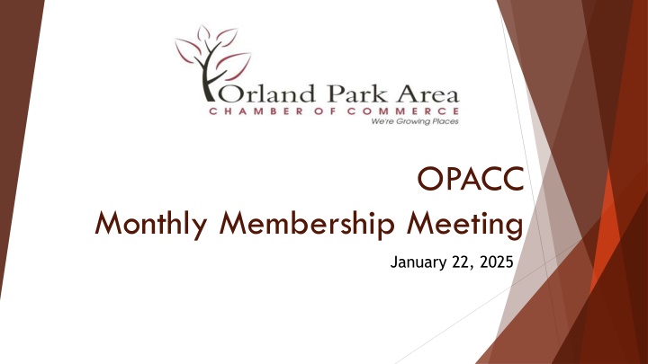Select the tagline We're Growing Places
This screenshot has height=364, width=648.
click(415, 126)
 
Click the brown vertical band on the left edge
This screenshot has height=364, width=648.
click(15, 180)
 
